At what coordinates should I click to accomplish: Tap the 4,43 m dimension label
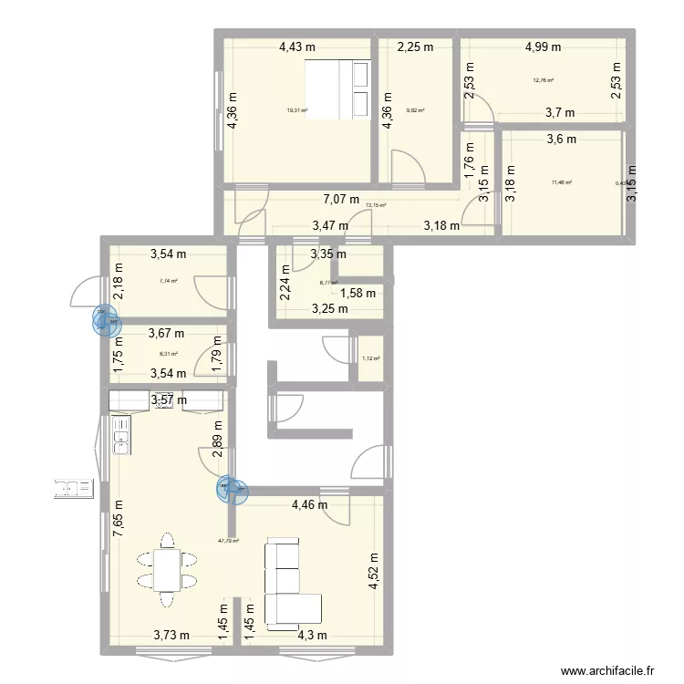(x=297, y=47)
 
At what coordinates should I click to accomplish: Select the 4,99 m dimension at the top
(x=542, y=47)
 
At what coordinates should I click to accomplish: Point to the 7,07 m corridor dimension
(x=341, y=200)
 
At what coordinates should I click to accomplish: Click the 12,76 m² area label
(x=544, y=80)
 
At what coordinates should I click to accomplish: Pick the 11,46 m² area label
(x=561, y=182)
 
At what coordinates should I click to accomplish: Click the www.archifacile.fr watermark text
(x=609, y=669)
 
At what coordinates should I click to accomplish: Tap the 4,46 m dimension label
(x=309, y=504)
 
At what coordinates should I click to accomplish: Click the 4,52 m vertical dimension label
(x=373, y=573)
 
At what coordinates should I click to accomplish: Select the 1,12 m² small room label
(x=371, y=358)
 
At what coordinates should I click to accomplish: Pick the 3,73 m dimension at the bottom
(x=171, y=636)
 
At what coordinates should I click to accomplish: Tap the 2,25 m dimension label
(x=414, y=47)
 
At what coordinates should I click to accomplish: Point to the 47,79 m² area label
(x=228, y=541)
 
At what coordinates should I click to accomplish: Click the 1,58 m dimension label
(x=358, y=293)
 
